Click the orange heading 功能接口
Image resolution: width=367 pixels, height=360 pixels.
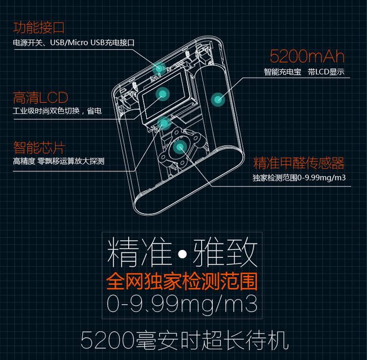pos(39,27)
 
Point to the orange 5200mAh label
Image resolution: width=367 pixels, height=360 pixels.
pos(307,57)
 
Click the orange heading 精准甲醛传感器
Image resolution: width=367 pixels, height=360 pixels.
pos(299,163)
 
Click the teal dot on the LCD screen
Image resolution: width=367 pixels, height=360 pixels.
pos(162,93)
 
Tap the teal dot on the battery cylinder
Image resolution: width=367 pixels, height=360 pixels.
pos(218,99)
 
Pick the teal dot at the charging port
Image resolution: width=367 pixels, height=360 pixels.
pos(159,68)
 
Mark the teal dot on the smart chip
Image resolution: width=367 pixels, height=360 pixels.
pos(165,122)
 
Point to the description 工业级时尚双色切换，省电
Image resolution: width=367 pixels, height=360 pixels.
pos(57,112)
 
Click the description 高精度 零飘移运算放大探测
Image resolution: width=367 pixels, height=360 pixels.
pos(59,161)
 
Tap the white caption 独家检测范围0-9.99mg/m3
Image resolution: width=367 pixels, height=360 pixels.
pos(299,178)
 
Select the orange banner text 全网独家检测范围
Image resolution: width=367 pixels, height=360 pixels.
pos(182,282)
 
